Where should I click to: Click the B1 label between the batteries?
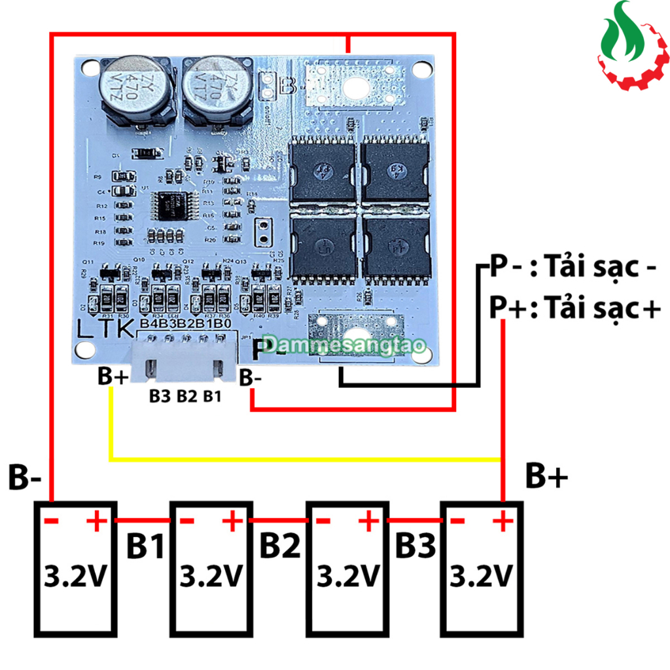(x=145, y=547)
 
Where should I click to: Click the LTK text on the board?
(x=99, y=329)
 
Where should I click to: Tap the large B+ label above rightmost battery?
(x=546, y=478)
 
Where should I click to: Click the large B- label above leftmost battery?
(x=25, y=478)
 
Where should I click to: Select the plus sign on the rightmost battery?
(x=502, y=522)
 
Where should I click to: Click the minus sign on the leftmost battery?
(x=52, y=521)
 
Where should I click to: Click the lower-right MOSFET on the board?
(x=397, y=246)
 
